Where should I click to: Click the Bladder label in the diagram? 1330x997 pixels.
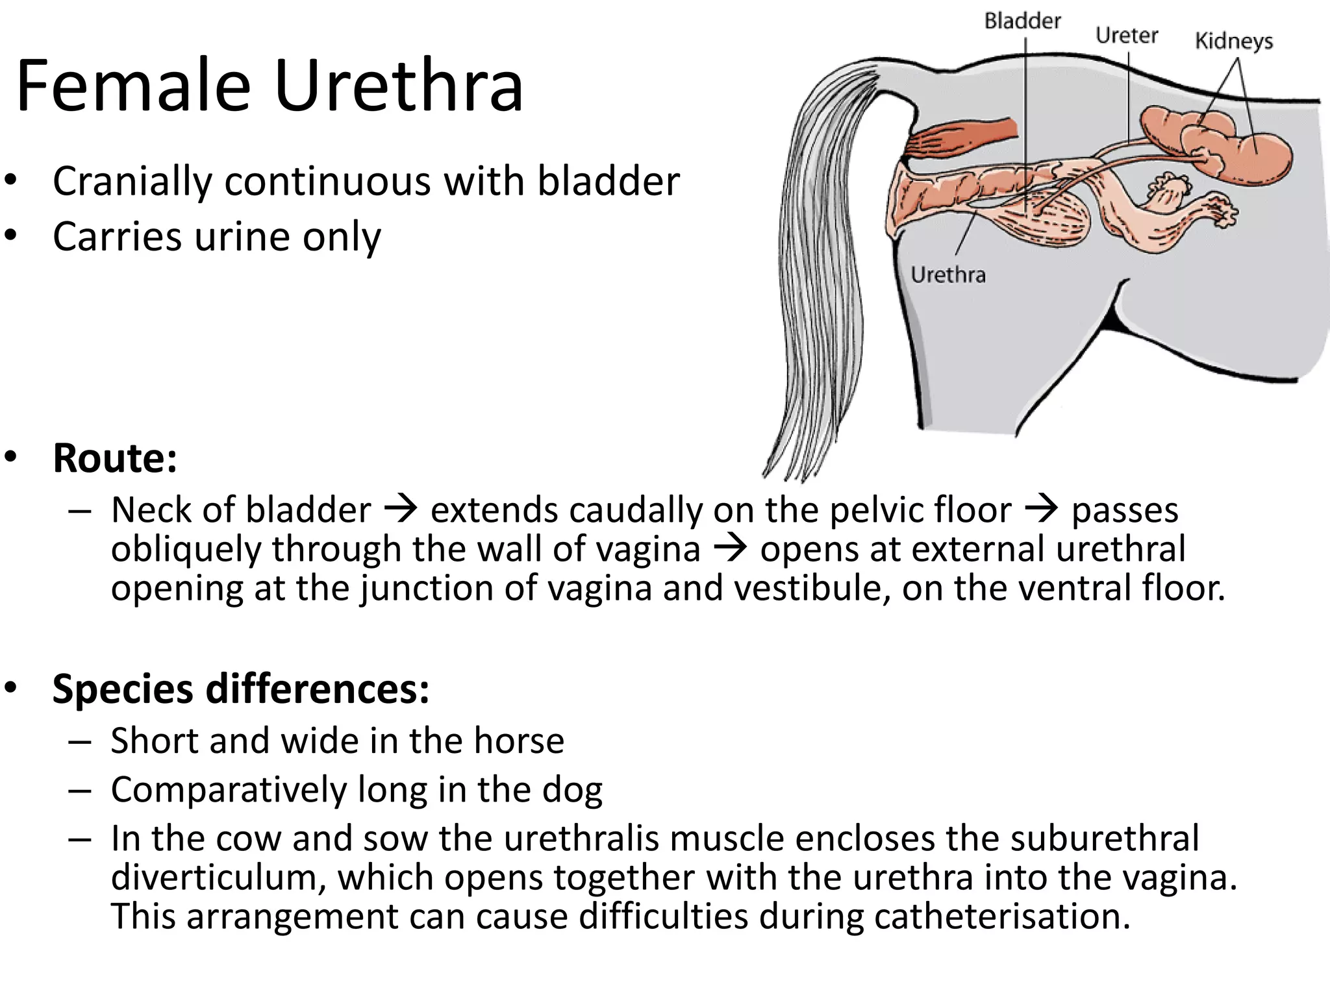coord(1022,21)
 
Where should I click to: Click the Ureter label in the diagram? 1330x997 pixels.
coord(1127,35)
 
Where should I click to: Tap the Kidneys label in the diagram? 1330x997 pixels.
coord(1234,42)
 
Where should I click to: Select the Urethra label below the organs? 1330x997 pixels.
coord(948,275)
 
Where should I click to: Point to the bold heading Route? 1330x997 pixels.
coord(115,458)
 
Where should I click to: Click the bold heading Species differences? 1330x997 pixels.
coord(241,689)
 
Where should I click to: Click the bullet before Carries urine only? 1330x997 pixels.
coord(10,237)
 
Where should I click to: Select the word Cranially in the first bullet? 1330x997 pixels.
coord(132,181)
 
